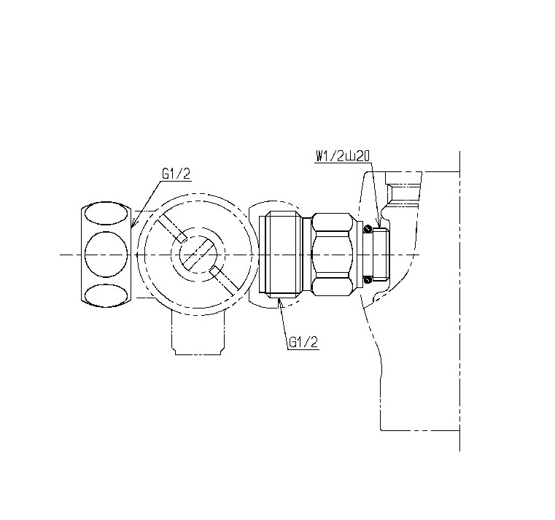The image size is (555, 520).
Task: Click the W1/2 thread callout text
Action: pos(343,157)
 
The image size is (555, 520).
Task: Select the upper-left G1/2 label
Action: pos(176,174)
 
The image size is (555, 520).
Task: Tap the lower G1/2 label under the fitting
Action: pos(303,342)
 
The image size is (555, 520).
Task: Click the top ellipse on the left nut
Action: pos(106,214)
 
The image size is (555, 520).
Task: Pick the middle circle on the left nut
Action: pos(106,255)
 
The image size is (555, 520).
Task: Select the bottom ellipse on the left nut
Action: pos(106,295)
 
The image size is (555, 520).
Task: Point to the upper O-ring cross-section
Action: pos(367,229)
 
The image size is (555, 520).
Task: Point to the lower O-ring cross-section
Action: pos(368,279)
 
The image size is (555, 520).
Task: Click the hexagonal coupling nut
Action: pos(333,255)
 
